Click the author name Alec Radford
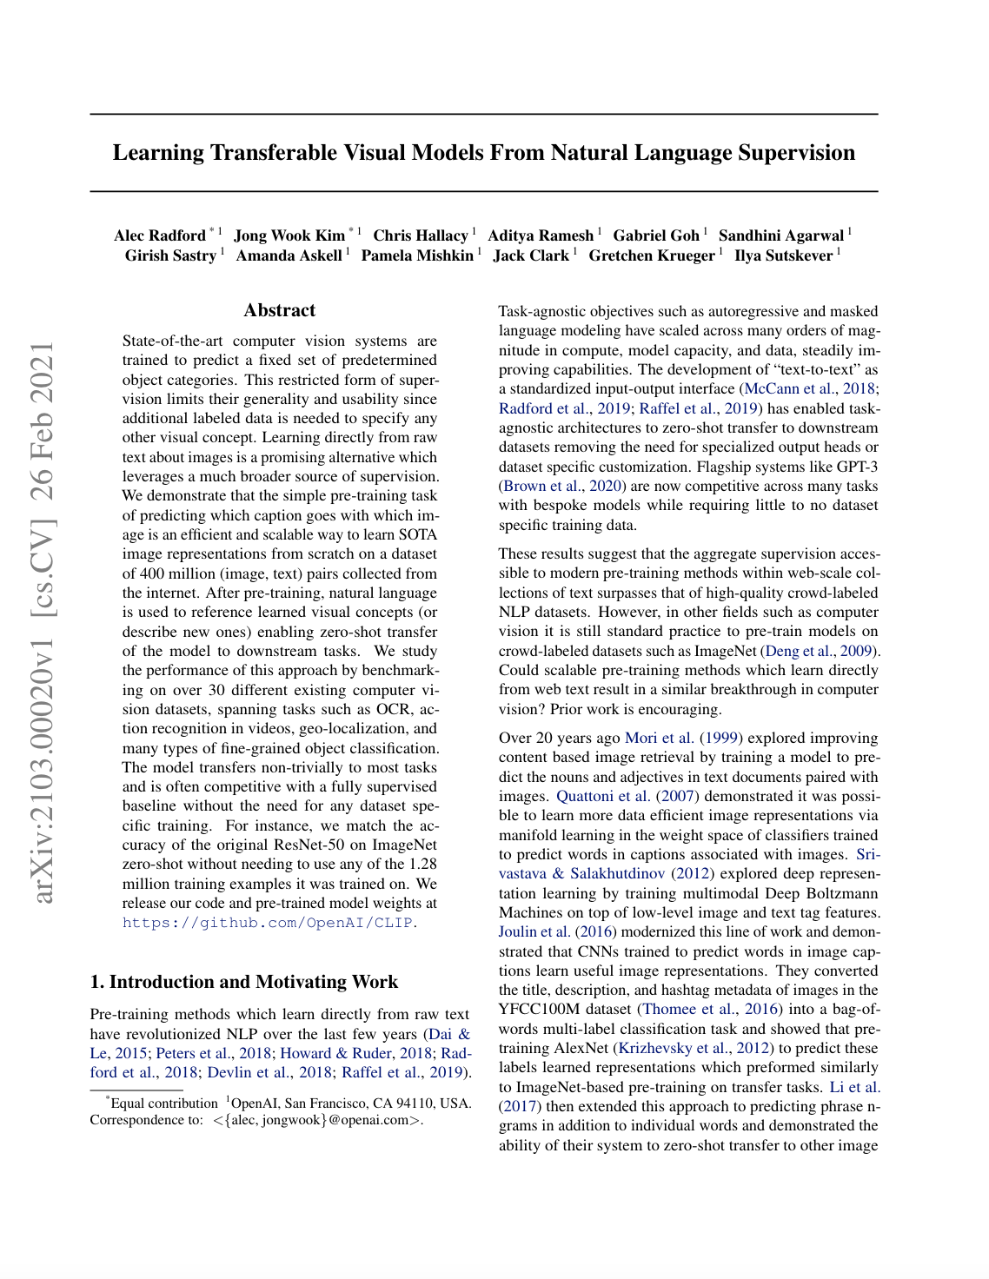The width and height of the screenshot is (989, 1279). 160,235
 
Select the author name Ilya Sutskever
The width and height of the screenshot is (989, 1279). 783,255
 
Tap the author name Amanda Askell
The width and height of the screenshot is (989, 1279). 289,255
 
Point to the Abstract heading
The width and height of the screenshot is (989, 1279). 280,310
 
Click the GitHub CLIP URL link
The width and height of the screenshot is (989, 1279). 268,923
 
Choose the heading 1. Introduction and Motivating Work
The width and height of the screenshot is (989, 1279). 244,982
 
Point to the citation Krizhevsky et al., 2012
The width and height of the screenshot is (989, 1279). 694,1048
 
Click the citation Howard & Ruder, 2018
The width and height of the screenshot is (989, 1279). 356,1053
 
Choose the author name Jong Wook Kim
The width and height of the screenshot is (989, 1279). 289,235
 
